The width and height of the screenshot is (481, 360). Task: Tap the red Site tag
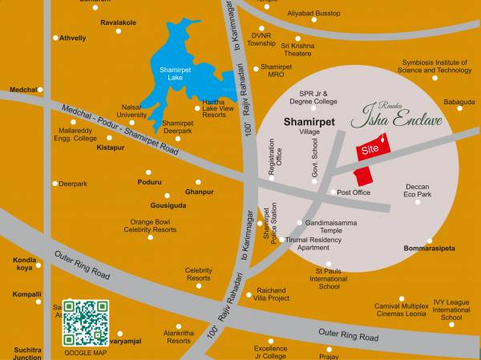370,149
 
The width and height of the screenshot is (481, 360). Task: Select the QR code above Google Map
86,322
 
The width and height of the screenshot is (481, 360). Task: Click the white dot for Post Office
333,192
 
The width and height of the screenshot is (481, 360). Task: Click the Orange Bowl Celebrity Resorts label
150,225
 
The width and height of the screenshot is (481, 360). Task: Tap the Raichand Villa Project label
273,293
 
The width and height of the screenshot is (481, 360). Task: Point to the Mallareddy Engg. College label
79,134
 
